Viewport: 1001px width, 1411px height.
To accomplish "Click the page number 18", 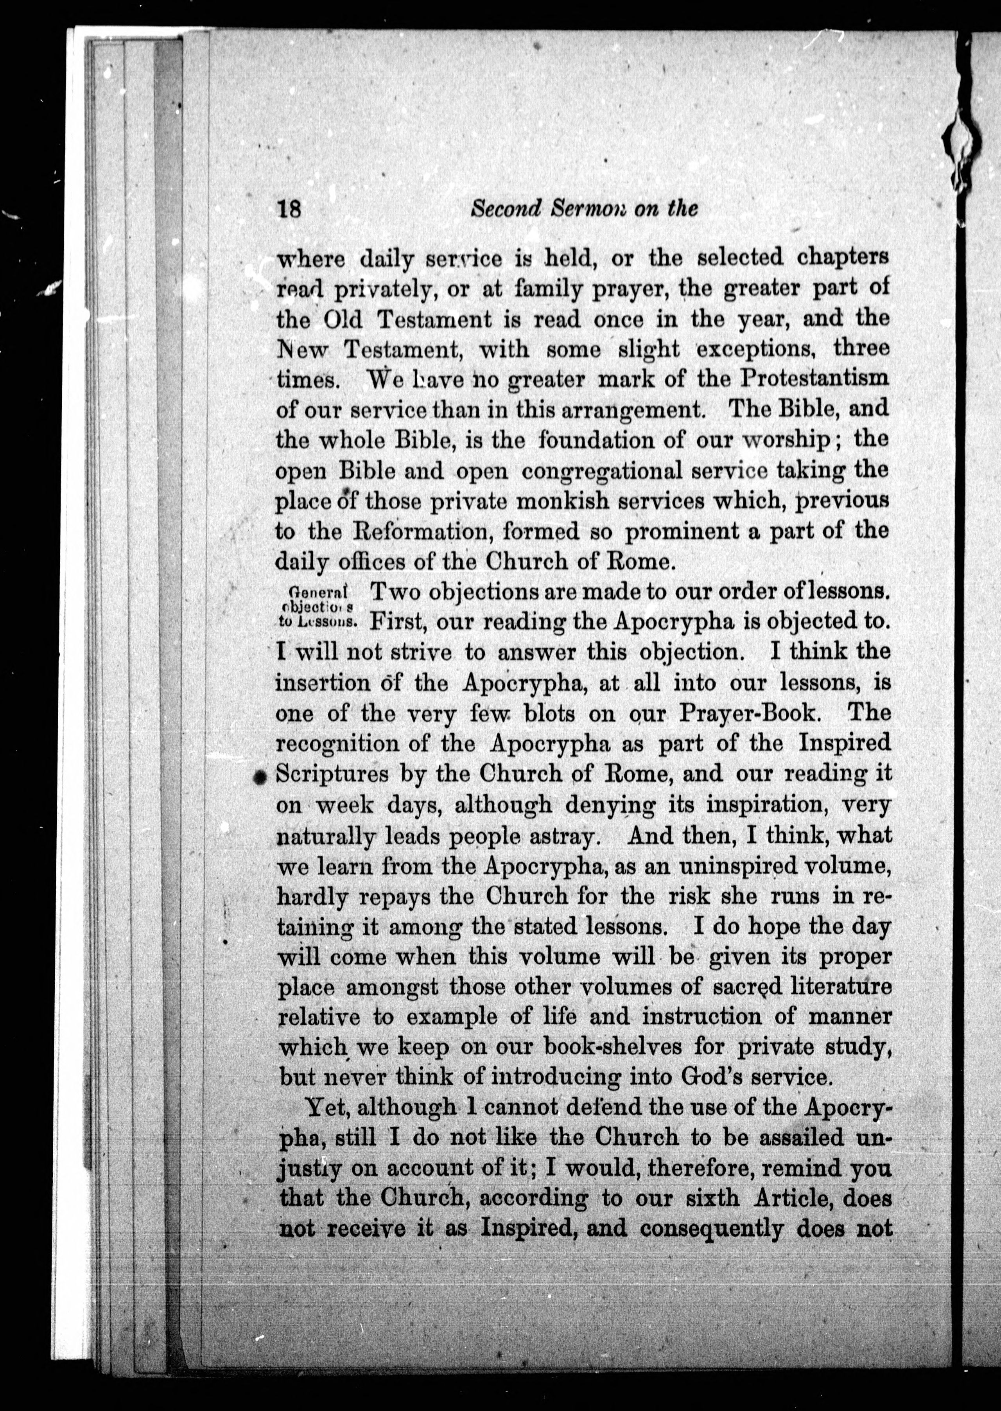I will pos(289,210).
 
